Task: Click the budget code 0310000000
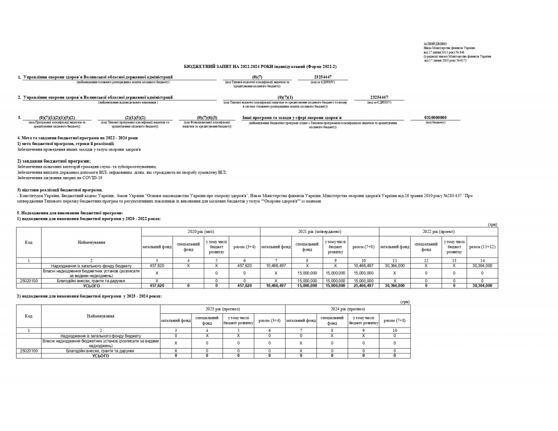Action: pyautogui.click(x=435, y=118)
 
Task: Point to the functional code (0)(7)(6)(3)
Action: pyautogui.click(x=207, y=118)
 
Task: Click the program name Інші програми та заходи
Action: pyautogui.click(x=292, y=118)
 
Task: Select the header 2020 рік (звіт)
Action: pyautogui.click(x=200, y=231)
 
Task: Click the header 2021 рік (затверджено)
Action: pyautogui.click(x=319, y=231)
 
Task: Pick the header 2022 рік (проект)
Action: pyautogui.click(x=438, y=231)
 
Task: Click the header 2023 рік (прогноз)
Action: pyautogui.click(x=222, y=309)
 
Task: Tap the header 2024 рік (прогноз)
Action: pyautogui.click(x=347, y=309)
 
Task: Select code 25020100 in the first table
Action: pyautogui.click(x=29, y=281)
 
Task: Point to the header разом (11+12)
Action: pyautogui.click(x=482, y=246)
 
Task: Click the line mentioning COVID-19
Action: pyautogui.click(x=60, y=178)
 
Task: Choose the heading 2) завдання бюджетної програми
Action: pyautogui.click(x=54, y=161)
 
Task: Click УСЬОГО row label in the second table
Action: pyautogui.click(x=100, y=356)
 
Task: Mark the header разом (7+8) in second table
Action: pyautogui.click(x=394, y=320)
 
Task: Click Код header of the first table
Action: pyautogui.click(x=29, y=242)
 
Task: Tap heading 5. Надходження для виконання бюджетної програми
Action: pyautogui.click(x=70, y=213)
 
